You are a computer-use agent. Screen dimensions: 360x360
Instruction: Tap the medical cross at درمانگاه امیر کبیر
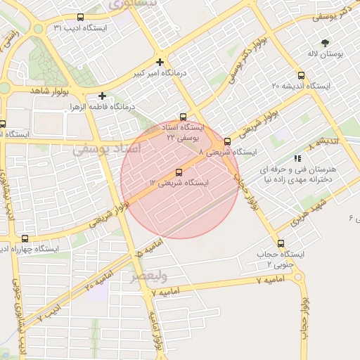(161, 62)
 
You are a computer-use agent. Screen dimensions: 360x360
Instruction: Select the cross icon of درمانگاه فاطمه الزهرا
(103, 96)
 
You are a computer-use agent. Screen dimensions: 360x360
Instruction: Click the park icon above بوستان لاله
(324, 43)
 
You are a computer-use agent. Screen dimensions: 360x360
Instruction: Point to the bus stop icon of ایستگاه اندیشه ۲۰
(301, 75)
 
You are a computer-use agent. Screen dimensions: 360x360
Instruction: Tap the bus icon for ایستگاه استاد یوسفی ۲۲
(183, 117)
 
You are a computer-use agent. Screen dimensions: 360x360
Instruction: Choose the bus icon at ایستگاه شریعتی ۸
(226, 141)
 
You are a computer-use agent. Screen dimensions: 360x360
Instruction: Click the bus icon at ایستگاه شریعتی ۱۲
(178, 172)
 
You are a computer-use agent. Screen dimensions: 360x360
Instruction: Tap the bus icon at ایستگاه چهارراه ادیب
(25, 238)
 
